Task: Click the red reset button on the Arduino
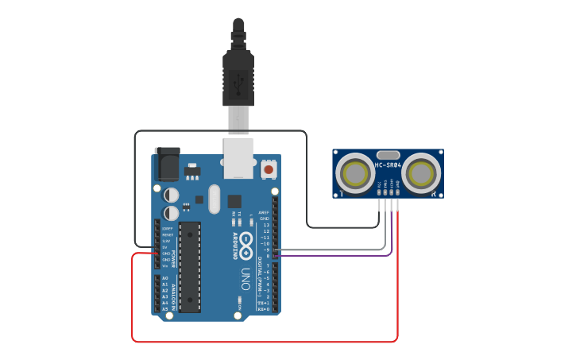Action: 269,169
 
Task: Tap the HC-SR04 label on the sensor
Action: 388,165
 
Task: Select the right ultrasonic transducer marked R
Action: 421,173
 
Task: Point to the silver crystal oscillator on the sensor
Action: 388,154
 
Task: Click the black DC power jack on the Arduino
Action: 166,165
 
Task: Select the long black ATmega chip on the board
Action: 190,266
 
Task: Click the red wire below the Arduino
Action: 262,341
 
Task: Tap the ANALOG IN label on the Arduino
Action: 174,292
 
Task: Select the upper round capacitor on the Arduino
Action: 171,195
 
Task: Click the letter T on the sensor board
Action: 342,193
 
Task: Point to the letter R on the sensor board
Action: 434,193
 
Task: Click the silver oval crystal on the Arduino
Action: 214,199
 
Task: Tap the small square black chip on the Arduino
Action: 234,201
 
